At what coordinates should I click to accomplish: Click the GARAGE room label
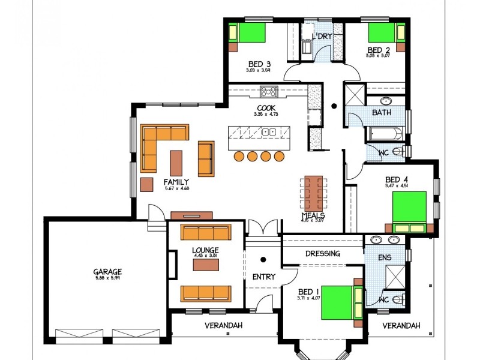click(107, 271)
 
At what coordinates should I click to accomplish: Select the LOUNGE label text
click(205, 250)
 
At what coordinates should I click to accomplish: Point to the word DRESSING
click(323, 254)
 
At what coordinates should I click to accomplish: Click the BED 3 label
click(259, 64)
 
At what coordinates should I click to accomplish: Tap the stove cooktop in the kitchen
click(268, 92)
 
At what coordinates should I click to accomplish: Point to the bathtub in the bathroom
click(386, 134)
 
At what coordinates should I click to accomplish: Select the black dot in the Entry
click(263, 260)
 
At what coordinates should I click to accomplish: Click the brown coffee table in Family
click(176, 163)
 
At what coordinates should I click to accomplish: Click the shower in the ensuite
click(395, 275)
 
